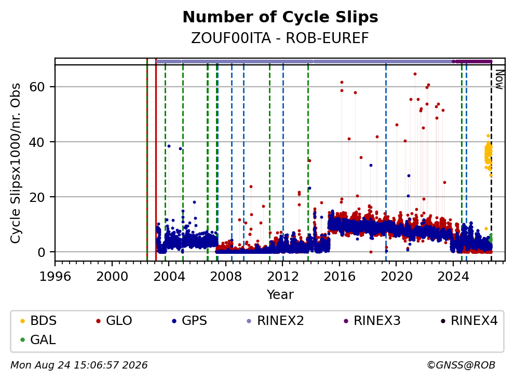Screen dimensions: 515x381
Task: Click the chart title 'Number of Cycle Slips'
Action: pos(280,17)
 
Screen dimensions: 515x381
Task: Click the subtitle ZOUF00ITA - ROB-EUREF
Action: pos(280,38)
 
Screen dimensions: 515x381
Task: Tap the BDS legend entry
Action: pos(38,321)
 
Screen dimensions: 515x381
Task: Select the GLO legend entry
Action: pos(114,321)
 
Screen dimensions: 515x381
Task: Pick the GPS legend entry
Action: pos(189,321)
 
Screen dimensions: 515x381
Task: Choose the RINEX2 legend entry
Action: pos(275,321)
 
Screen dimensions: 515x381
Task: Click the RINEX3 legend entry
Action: pos(372,321)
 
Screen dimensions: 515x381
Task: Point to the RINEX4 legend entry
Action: pos(469,321)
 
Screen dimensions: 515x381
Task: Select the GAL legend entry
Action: pos(38,339)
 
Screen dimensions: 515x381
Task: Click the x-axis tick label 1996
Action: pos(55,277)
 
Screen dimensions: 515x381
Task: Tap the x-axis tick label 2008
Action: pos(226,277)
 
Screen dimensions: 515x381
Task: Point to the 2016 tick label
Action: pos(340,277)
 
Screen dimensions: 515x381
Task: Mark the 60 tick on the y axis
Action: pos(37,87)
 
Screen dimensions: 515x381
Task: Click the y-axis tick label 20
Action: pos(37,197)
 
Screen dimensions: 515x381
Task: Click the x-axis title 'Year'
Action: pos(280,295)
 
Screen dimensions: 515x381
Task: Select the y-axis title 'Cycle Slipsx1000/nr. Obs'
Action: pos(15,163)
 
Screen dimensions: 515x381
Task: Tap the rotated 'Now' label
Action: pos(499,79)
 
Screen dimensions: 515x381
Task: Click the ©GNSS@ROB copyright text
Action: pos(461,365)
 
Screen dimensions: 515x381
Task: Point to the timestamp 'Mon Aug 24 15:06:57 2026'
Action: pos(79,365)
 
